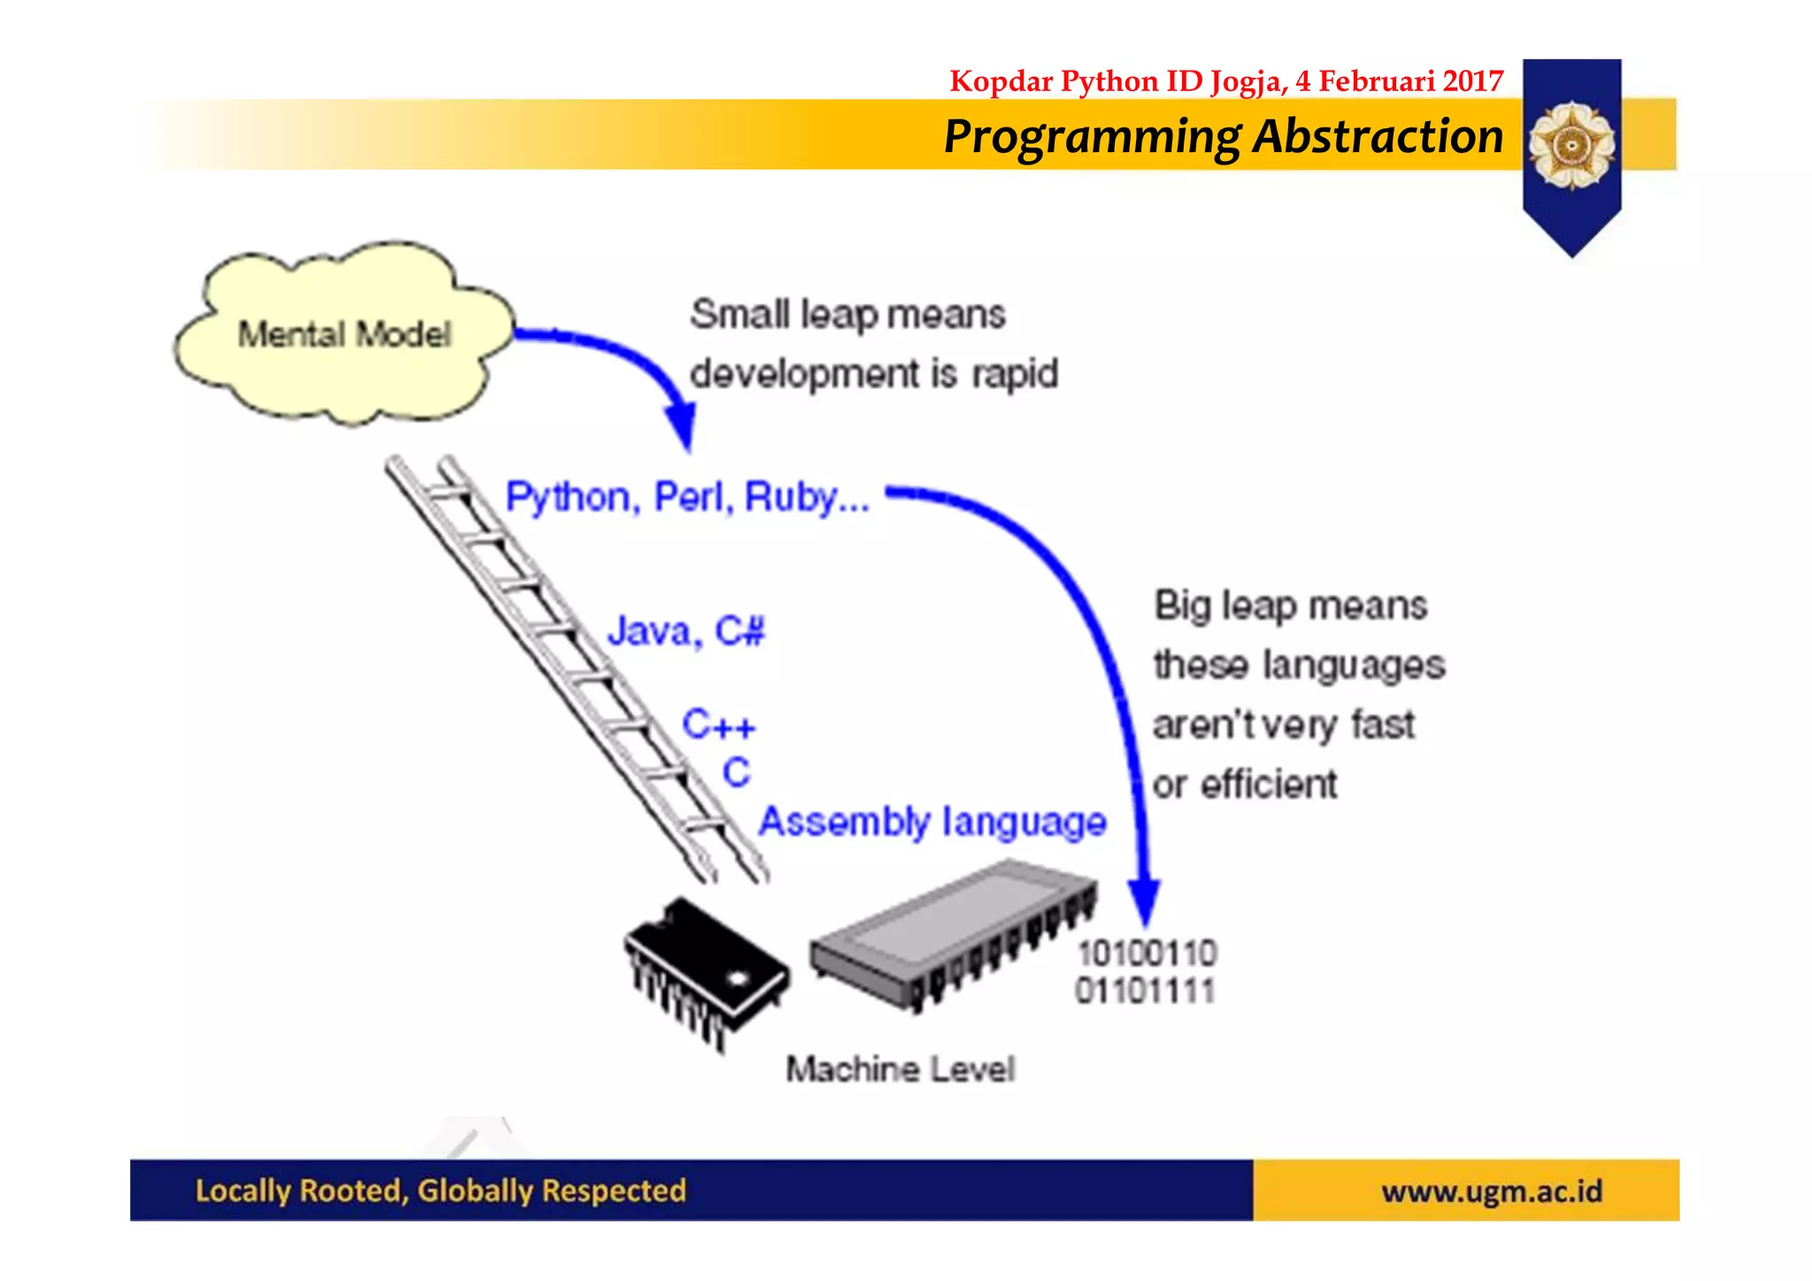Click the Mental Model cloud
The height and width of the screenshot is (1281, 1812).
pyautogui.click(x=343, y=334)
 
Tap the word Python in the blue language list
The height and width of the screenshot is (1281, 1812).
pyautogui.click(x=568, y=497)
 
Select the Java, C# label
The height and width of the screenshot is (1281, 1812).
pyautogui.click(x=686, y=632)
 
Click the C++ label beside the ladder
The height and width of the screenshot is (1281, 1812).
pyautogui.click(x=718, y=725)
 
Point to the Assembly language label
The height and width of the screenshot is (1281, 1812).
pyautogui.click(x=933, y=822)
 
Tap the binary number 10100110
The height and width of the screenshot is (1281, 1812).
pyautogui.click(x=1148, y=954)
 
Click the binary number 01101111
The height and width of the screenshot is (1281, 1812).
pyautogui.click(x=1145, y=991)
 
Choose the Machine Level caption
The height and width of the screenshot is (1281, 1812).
pyautogui.click(x=900, y=1070)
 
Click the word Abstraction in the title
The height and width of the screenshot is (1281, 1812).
pyautogui.click(x=1378, y=137)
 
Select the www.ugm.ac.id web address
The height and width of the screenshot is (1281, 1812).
pyautogui.click(x=1492, y=1192)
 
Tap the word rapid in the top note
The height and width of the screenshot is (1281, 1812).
pyautogui.click(x=1015, y=374)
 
